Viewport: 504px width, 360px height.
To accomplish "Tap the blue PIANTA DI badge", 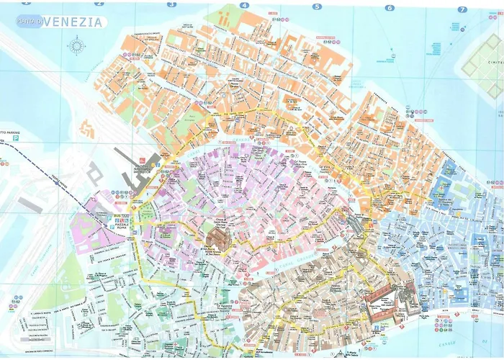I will click(x=32, y=22).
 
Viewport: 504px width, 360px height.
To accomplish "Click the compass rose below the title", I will click(x=76, y=46).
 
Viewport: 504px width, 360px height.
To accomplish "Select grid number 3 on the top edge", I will click(x=171, y=4).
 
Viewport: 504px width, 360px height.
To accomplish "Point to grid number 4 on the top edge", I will click(x=244, y=5).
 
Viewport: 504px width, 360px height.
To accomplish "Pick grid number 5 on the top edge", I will click(x=316, y=6).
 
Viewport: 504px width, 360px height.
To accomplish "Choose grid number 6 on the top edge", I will click(x=390, y=8).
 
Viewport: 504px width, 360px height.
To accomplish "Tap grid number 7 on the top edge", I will click(x=462, y=9).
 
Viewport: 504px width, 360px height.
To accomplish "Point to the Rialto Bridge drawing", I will click(x=354, y=224).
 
